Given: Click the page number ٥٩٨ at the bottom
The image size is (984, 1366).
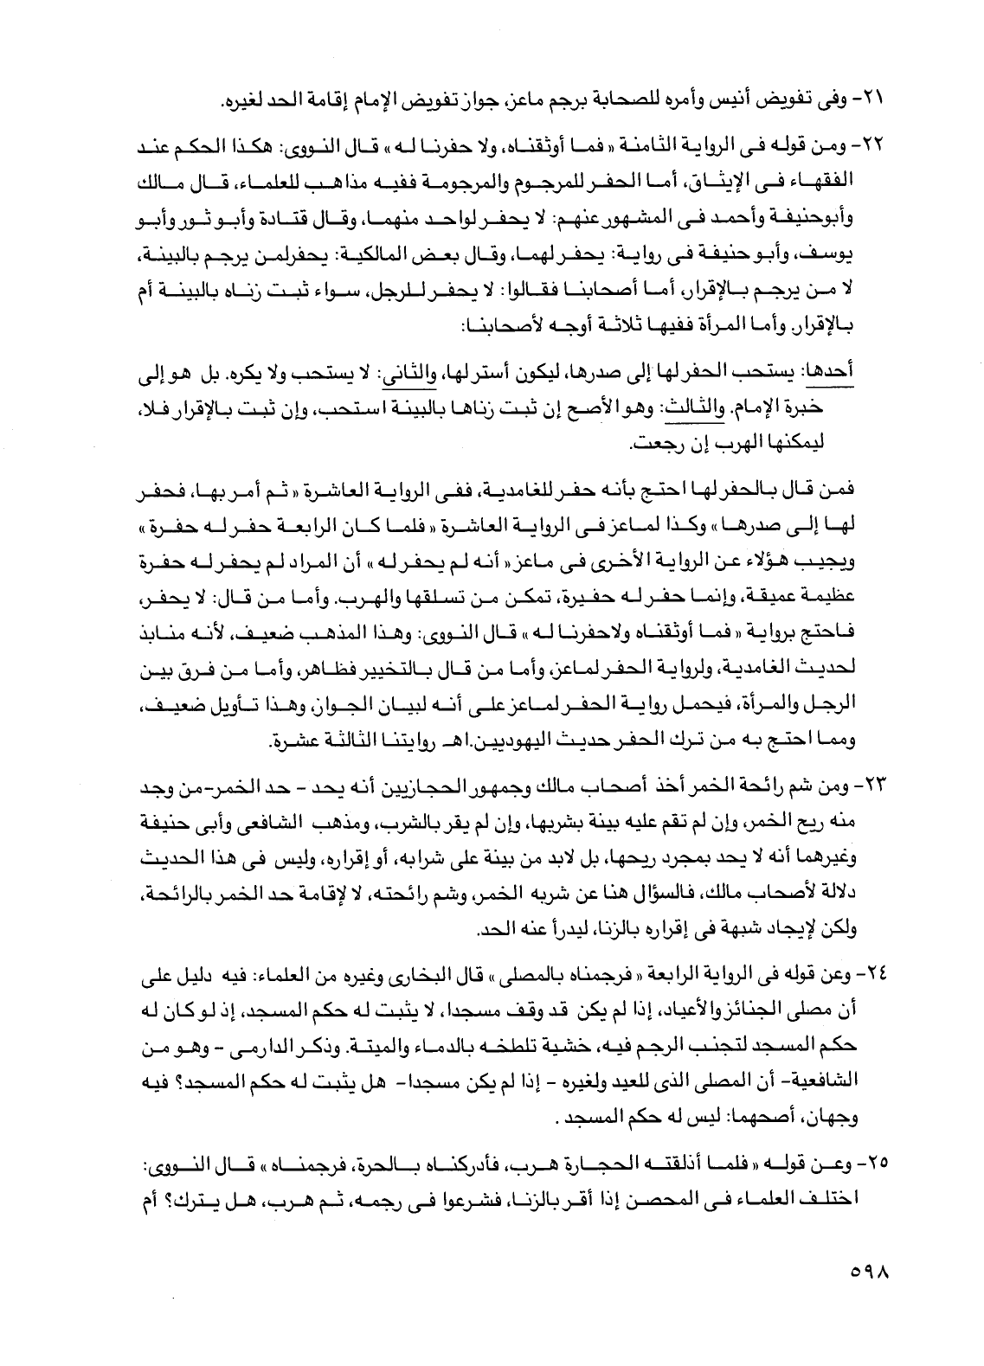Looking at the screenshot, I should click(x=865, y=1273).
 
